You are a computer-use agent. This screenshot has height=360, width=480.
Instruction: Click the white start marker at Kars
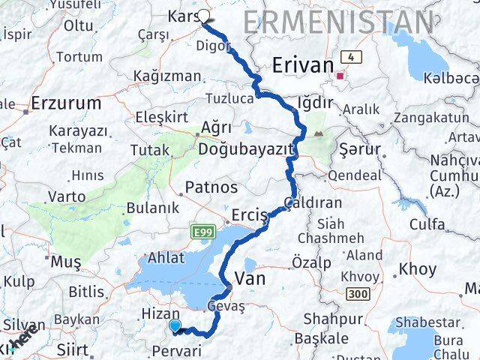pos(203,15)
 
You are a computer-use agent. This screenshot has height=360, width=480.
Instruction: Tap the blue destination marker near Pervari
pos(175,325)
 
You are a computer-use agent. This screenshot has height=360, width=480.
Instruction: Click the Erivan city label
pos(303,65)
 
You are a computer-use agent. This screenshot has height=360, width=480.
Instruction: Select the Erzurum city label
pos(66,103)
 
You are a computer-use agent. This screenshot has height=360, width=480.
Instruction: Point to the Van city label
pos(250,280)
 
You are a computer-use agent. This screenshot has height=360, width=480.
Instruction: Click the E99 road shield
pos(202,232)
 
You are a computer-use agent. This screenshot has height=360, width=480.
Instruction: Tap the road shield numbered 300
pos(358,293)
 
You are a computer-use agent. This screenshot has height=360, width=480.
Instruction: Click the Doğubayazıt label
pos(245,149)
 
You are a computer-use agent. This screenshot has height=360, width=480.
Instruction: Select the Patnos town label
pos(212,187)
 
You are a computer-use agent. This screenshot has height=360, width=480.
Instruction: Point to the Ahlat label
pos(166,257)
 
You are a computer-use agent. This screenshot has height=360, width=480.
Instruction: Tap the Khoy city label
pos(417,268)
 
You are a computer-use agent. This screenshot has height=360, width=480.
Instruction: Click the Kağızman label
pos(167,76)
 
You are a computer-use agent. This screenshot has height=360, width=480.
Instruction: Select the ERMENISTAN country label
pos(337,22)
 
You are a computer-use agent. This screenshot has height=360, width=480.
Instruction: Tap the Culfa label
pos(427,223)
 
